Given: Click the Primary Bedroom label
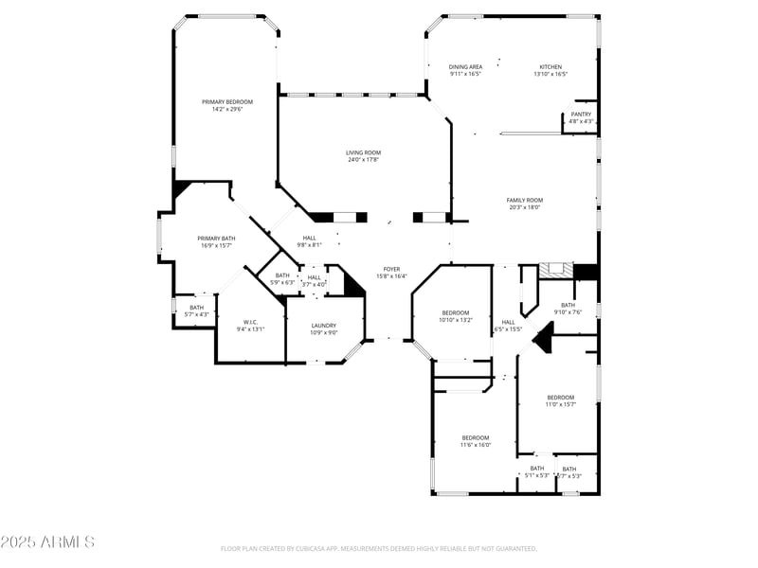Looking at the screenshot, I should [x=227, y=101].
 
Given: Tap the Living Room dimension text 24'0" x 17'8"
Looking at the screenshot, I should [x=363, y=160].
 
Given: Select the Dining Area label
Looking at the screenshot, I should [x=465, y=66].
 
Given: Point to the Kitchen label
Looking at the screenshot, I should [x=550, y=66].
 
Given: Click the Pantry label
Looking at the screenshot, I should [x=581, y=114].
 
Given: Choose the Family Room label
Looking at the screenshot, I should [x=524, y=200].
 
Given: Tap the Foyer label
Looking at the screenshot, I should [x=391, y=269].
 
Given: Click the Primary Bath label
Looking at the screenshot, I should [x=216, y=238].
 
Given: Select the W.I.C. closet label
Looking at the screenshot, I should [x=250, y=322].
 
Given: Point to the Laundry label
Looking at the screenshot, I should [x=324, y=325].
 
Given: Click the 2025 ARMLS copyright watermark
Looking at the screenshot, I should [x=47, y=541].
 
